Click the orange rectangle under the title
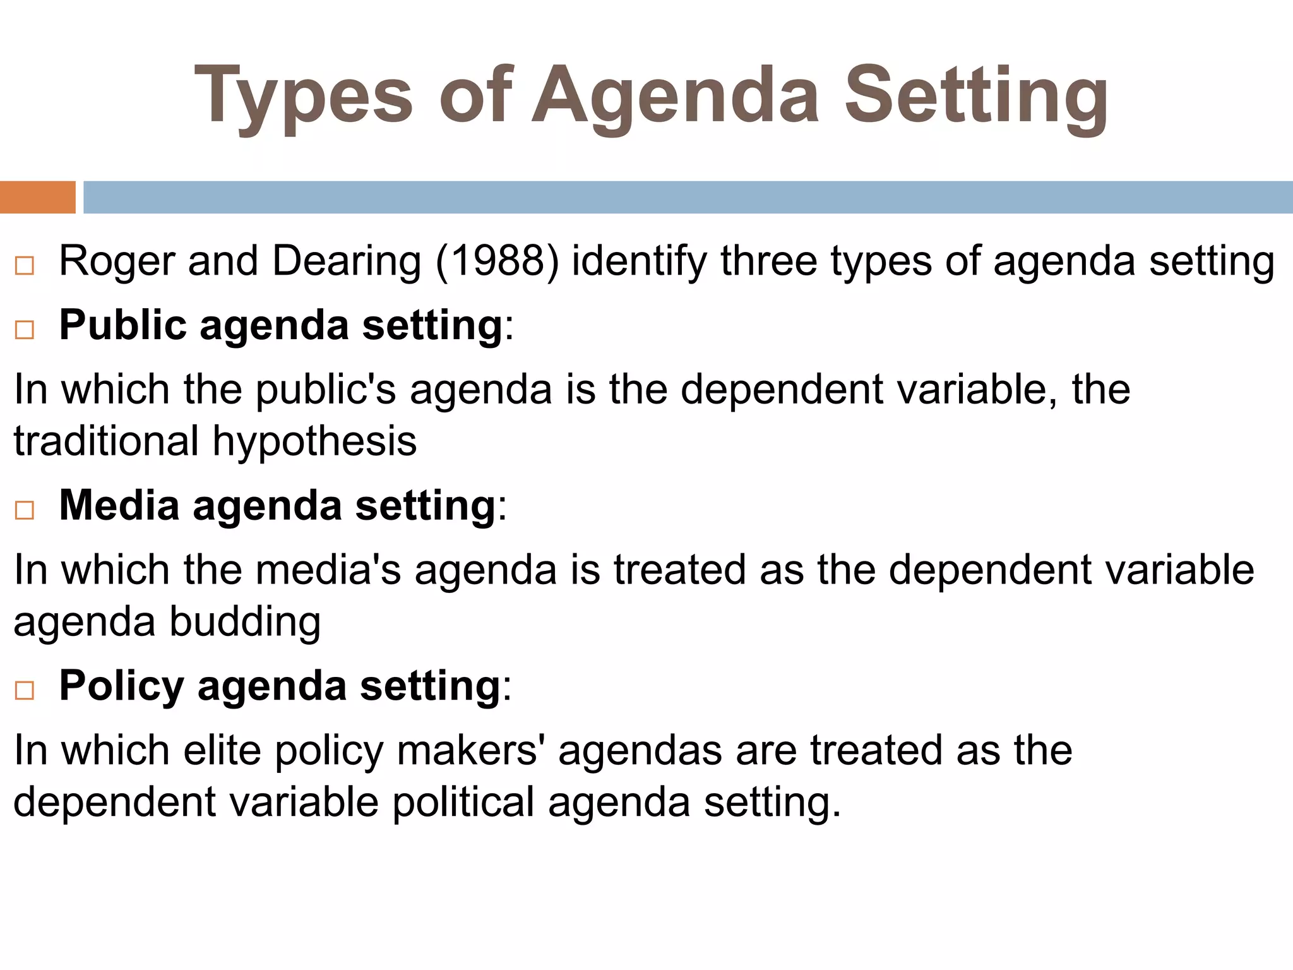(37, 197)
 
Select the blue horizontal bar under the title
(688, 197)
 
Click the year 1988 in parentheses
(498, 261)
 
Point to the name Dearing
(347, 261)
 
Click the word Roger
(117, 261)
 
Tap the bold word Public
(124, 325)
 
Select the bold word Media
(119, 505)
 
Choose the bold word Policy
(121, 686)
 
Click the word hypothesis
(314, 441)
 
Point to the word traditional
(106, 441)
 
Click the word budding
(245, 621)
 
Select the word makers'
(470, 750)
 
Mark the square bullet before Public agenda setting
(25, 330)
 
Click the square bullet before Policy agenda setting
(25, 690)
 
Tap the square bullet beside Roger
(25, 266)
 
